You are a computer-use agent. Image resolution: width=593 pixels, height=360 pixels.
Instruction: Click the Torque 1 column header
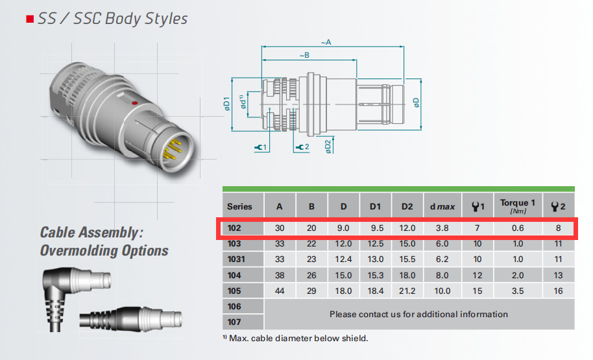coord(518,206)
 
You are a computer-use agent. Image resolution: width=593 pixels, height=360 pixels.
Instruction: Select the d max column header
coord(442,206)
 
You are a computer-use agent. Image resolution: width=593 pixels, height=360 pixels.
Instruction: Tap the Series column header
coord(239,206)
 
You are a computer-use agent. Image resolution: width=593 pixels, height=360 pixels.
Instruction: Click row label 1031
coord(236,259)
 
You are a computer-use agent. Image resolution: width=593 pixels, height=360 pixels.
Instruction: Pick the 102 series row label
coord(234,228)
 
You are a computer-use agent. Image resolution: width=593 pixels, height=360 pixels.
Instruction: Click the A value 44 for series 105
coord(280,291)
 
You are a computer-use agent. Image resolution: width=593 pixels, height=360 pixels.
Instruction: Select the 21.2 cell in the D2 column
coord(407,291)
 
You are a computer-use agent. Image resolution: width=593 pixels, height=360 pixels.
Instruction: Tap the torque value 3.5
coord(518,291)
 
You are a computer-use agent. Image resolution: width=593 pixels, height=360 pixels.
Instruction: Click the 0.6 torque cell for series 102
coord(518,228)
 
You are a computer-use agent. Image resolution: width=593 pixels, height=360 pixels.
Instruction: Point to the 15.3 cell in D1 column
coord(376,275)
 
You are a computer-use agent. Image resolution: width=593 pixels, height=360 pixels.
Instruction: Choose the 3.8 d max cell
coord(442,228)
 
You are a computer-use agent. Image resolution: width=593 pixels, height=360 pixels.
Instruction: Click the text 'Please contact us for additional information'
coord(418,314)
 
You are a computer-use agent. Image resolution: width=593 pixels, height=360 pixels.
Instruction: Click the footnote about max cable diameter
coord(295,338)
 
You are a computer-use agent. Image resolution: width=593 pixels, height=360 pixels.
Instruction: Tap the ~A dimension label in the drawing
coord(326,42)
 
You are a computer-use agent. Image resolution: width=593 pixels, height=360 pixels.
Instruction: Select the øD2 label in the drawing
coord(328,147)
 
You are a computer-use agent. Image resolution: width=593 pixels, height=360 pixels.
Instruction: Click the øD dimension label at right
coord(416,103)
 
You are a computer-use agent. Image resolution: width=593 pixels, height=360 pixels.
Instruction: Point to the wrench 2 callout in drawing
coord(302,147)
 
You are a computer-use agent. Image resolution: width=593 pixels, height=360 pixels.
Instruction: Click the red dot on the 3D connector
coord(134,103)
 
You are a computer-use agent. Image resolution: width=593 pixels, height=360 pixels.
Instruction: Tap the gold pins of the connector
coord(173,150)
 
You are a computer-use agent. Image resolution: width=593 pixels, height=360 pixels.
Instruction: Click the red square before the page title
coord(30,19)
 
